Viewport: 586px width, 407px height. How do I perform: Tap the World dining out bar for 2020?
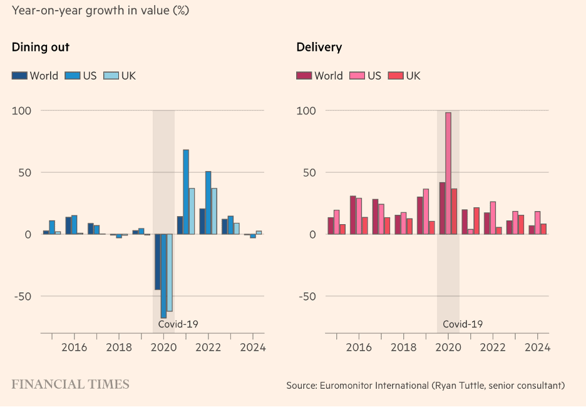coord(158,262)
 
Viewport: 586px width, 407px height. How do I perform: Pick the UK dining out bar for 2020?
coord(169,272)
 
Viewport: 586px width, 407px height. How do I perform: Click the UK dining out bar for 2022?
coord(214,211)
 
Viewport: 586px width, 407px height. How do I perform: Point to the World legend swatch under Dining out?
coord(19,76)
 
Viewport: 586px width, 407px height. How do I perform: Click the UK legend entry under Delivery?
coord(404,76)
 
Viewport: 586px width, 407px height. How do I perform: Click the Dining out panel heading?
coord(41,47)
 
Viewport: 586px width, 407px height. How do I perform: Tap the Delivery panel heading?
coord(319,47)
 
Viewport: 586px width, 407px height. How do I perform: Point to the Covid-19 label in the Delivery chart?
coord(463,324)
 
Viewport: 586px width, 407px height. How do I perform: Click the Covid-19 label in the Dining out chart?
coord(178,324)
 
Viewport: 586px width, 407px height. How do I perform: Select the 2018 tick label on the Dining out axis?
coord(119,347)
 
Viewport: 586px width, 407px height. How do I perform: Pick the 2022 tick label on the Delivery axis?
coord(493,347)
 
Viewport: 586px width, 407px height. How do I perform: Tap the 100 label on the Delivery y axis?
coord(306,111)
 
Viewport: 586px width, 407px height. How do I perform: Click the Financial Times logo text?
coord(70,384)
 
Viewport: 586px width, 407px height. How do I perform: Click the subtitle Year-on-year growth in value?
coord(100,11)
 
